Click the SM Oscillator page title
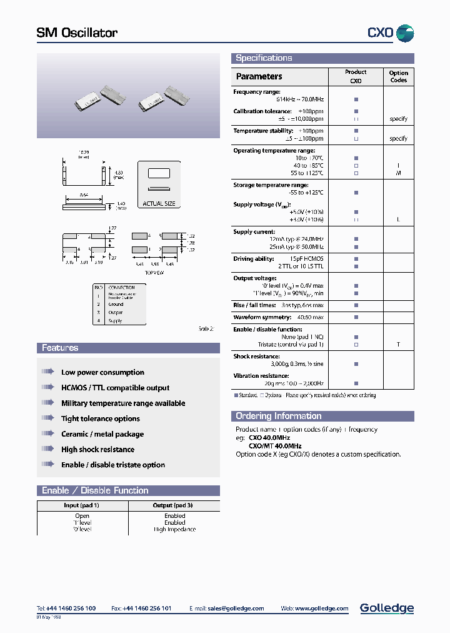click(77, 33)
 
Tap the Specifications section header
click(264, 58)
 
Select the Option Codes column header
click(398, 76)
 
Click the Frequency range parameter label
click(257, 92)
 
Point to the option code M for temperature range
click(398, 173)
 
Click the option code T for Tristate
click(398, 345)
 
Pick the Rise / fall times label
click(254, 305)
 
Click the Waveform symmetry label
click(261, 317)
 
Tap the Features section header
click(60, 348)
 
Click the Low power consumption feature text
click(102, 373)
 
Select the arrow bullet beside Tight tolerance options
click(47, 418)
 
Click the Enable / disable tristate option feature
click(113, 465)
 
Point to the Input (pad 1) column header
click(82, 505)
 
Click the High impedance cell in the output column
click(174, 529)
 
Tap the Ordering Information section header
click(278, 416)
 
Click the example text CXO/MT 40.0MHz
click(275, 446)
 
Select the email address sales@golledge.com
click(236, 608)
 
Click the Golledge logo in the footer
click(386, 608)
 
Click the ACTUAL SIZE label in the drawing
click(159, 204)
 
